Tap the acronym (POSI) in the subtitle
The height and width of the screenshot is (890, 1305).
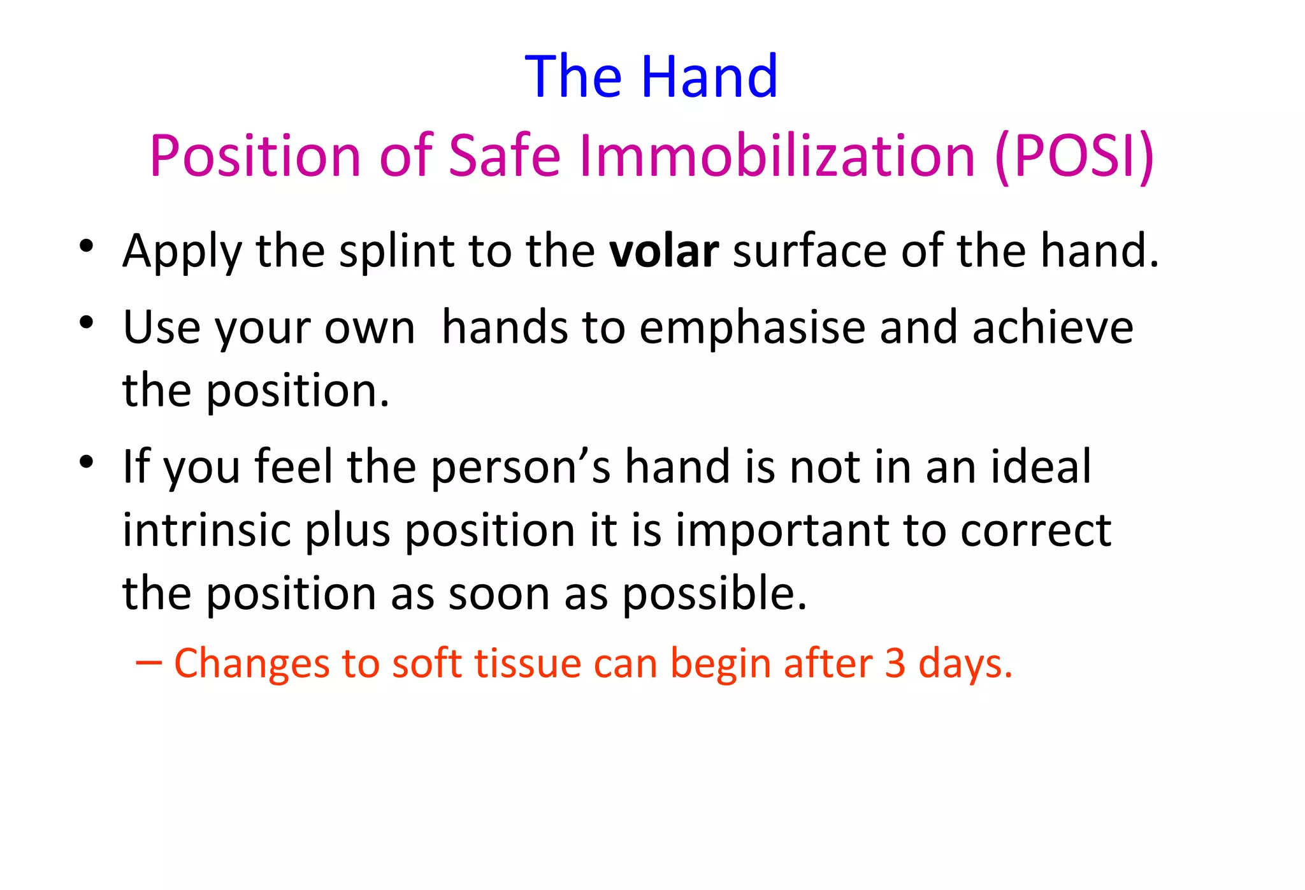(1074, 156)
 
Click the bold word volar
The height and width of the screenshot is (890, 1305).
(663, 251)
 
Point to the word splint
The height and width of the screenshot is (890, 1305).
(396, 251)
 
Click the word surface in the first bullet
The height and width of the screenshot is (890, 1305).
(810, 251)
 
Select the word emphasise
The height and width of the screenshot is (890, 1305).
(752, 328)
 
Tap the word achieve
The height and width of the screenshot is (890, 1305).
(1053, 328)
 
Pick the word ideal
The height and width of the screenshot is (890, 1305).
(1041, 467)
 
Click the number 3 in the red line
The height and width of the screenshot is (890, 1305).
(895, 663)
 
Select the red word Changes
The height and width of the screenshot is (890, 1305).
(251, 663)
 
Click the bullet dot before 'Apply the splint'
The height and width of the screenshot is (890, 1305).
(87, 245)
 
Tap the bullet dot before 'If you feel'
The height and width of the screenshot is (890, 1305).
(87, 462)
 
